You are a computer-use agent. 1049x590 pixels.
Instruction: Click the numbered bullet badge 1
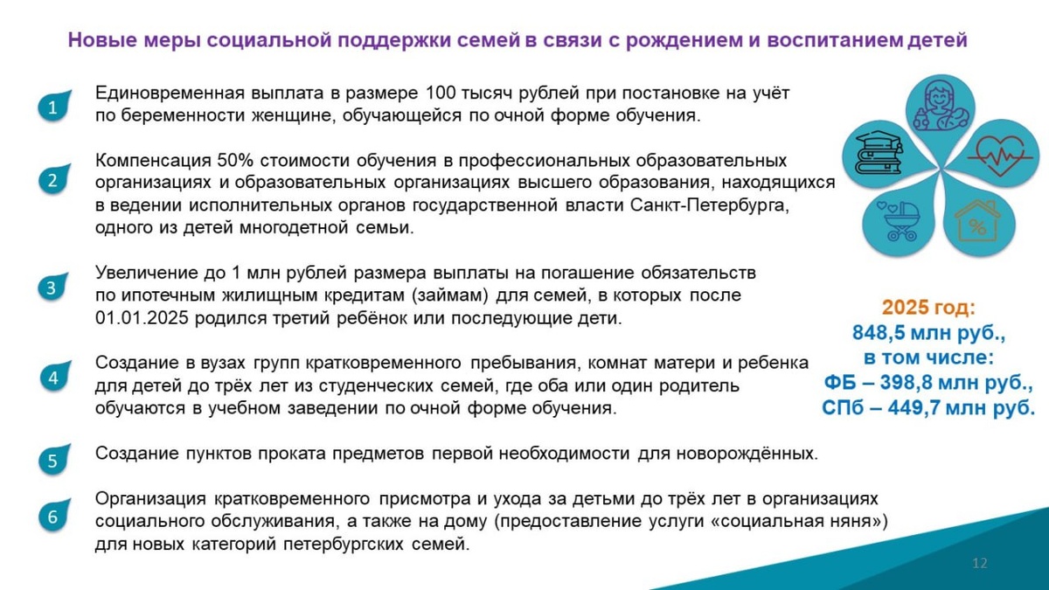coord(52,108)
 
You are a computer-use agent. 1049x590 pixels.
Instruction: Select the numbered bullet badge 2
coord(52,181)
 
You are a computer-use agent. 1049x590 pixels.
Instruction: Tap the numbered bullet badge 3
coord(52,288)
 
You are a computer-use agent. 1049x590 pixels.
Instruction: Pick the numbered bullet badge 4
coord(52,378)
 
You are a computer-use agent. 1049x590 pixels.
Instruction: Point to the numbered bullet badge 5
coord(52,461)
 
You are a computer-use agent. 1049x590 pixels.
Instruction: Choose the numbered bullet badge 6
coord(52,517)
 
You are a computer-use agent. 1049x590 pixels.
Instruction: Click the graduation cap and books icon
coord(879,154)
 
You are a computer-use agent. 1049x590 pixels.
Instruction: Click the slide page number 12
coord(979,563)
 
